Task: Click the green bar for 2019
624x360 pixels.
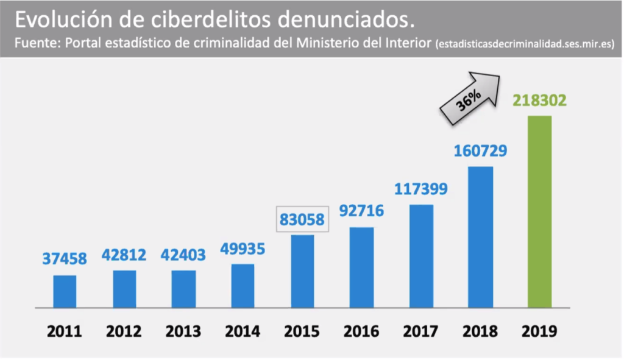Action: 539,211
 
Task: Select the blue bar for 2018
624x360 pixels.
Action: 480,237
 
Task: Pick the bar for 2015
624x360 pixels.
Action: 302,271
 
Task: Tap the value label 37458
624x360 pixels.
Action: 65,259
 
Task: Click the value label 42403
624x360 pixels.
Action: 183,255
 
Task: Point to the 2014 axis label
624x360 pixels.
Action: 243,332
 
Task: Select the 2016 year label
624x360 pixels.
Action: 362,332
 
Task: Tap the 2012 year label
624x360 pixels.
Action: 124,332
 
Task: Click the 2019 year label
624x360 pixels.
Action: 539,332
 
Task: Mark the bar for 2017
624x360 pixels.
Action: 421,256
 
